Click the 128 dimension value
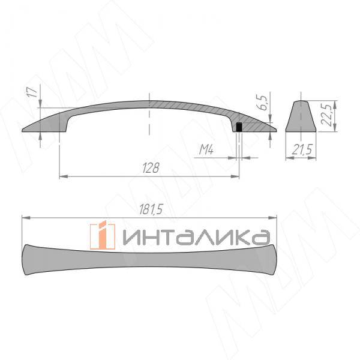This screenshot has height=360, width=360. tap(151, 169)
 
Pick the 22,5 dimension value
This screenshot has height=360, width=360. tap(328, 112)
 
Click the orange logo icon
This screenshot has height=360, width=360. tap(103, 235)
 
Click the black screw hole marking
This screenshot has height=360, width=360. tap(239, 127)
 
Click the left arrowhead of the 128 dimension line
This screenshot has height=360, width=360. tap(63, 176)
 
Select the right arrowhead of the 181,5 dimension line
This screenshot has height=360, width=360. tap(273, 217)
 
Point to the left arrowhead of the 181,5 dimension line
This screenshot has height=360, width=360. tap(25, 217)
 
